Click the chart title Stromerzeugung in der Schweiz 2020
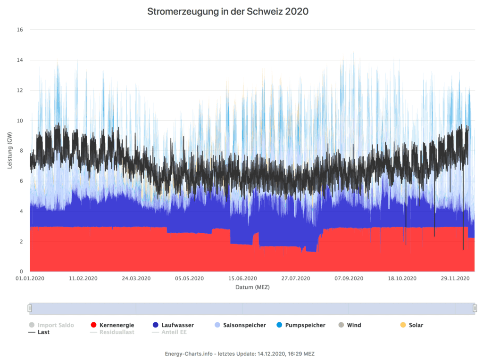[228, 11]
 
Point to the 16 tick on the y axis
[20, 30]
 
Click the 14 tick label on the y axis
[20, 60]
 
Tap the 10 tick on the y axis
[20, 121]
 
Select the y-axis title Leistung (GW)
[10, 150]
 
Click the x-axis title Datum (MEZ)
[252, 287]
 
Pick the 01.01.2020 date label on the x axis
[31, 278]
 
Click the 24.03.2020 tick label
[137, 278]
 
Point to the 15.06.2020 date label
[243, 278]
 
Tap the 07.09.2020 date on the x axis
[350, 278]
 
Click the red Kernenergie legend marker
[93, 325]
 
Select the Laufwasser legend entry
[177, 325]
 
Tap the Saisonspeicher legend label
[244, 325]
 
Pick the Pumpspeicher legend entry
[305, 325]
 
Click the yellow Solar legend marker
[403, 325]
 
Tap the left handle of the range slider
[29, 308]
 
